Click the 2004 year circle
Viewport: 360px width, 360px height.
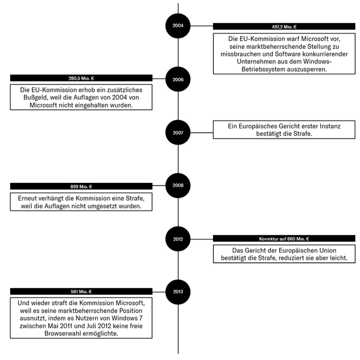pos(178,26)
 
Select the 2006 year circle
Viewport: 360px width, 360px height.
pos(178,79)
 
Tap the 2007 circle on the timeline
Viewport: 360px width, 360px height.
pos(178,133)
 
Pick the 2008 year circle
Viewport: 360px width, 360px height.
pos(178,185)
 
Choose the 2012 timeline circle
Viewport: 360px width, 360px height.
pos(178,239)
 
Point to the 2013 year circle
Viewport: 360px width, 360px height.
pos(178,292)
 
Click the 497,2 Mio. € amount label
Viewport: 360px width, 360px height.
pos(284,26)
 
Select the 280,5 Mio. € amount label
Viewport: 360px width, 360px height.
pos(81,78)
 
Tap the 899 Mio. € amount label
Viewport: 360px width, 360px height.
pos(81,187)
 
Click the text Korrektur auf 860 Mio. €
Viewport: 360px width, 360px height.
pos(284,239)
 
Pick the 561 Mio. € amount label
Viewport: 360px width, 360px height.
pos(81,292)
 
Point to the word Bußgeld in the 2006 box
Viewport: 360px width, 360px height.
pos(35,97)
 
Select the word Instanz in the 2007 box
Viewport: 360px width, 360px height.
pos(330,126)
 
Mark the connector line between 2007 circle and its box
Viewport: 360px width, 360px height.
pos(202,133)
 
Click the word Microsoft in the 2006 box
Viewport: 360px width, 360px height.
pos(43,105)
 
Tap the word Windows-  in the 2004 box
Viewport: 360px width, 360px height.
pos(317,62)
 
